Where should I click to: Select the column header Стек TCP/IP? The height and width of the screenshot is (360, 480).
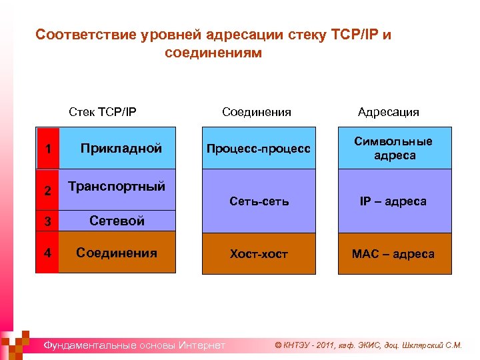[103, 111]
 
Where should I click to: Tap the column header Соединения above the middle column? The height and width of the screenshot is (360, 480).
[257, 111]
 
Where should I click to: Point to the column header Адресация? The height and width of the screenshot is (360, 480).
[388, 111]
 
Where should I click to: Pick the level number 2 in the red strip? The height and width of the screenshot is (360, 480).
[47, 191]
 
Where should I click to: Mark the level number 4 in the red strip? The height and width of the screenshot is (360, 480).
[47, 253]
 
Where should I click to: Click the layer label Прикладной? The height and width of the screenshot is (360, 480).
[121, 149]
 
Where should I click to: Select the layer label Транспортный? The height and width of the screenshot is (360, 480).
[117, 187]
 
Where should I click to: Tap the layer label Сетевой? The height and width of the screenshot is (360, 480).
[117, 221]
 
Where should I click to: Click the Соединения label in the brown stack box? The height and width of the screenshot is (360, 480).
[117, 253]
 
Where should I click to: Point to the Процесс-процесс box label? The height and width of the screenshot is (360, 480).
[258, 148]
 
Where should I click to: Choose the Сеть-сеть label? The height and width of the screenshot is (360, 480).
[259, 201]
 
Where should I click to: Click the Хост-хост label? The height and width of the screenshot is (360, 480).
[259, 254]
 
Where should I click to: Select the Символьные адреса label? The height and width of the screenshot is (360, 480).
[393, 148]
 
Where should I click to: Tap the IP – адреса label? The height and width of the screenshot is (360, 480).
[394, 201]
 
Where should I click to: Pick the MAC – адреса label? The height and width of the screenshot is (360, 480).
[394, 254]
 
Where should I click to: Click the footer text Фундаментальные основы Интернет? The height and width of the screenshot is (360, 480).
[134, 345]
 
